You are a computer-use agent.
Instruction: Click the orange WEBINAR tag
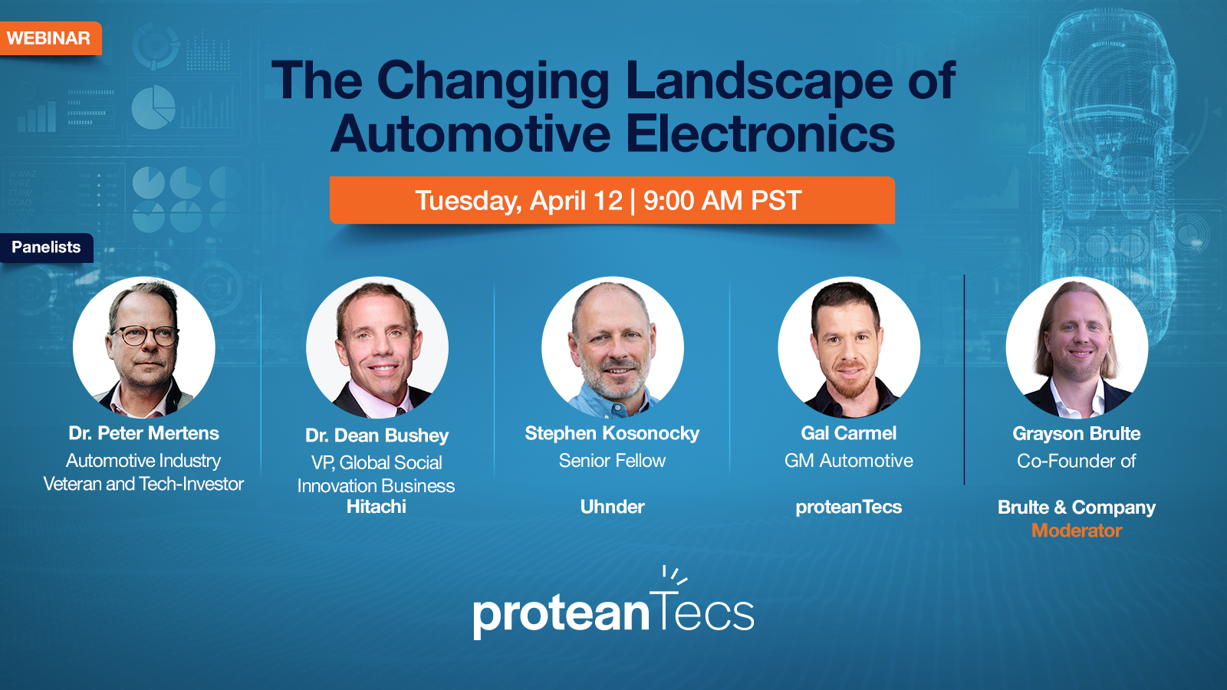[48, 38]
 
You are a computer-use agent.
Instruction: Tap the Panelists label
[46, 248]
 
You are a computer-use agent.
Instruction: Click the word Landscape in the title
[758, 81]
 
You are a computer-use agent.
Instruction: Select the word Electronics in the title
[760, 134]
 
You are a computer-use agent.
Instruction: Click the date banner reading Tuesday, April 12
[611, 201]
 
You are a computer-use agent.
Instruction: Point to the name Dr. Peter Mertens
[143, 433]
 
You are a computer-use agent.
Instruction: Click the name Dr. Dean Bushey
[377, 435]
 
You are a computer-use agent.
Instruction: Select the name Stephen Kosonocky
[612, 433]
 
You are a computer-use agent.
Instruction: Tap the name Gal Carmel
[848, 433]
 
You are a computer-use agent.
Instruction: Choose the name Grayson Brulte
[1076, 434]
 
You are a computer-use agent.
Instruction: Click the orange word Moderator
[1076, 531]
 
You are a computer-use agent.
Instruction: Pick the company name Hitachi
[377, 507]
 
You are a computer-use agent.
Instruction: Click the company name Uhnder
[612, 507]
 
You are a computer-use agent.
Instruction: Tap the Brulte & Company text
[1076, 508]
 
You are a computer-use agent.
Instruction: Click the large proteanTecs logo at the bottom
[613, 609]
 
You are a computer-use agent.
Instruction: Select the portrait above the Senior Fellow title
[612, 347]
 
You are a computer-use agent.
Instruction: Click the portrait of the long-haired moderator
[1077, 347]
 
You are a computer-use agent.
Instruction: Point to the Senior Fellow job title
[612, 461]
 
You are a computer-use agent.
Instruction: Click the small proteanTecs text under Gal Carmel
[848, 507]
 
